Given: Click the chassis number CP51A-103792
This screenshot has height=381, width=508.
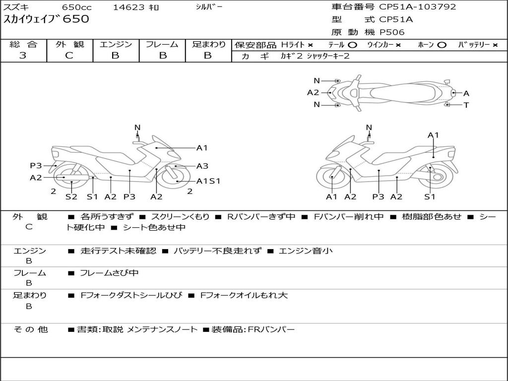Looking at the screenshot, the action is click(417, 7).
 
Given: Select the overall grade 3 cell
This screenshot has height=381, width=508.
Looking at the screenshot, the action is click(23, 56).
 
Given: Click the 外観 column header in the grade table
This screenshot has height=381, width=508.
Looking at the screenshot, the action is click(69, 45).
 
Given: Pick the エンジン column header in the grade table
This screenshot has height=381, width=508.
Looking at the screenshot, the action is click(116, 45).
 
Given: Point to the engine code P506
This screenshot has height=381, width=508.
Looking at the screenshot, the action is click(392, 32).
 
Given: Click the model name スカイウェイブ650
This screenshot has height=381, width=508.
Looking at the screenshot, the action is click(47, 20).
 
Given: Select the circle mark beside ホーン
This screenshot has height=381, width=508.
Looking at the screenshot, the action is click(442, 45).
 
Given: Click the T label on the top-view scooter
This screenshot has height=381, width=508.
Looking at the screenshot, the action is click(466, 105).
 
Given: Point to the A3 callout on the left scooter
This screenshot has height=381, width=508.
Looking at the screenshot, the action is click(202, 166).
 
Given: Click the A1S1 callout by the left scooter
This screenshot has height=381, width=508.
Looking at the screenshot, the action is click(208, 181).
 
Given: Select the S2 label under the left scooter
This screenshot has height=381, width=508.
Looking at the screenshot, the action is click(71, 197).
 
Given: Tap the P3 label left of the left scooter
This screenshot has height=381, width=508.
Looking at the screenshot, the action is click(36, 166).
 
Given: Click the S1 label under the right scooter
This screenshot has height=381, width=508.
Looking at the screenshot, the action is click(430, 197).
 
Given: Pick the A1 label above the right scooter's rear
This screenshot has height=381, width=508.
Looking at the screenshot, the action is click(433, 135).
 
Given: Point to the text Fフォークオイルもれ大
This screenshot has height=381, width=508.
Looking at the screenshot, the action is click(244, 296).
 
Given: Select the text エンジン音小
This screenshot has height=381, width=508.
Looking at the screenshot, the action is click(306, 251).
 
